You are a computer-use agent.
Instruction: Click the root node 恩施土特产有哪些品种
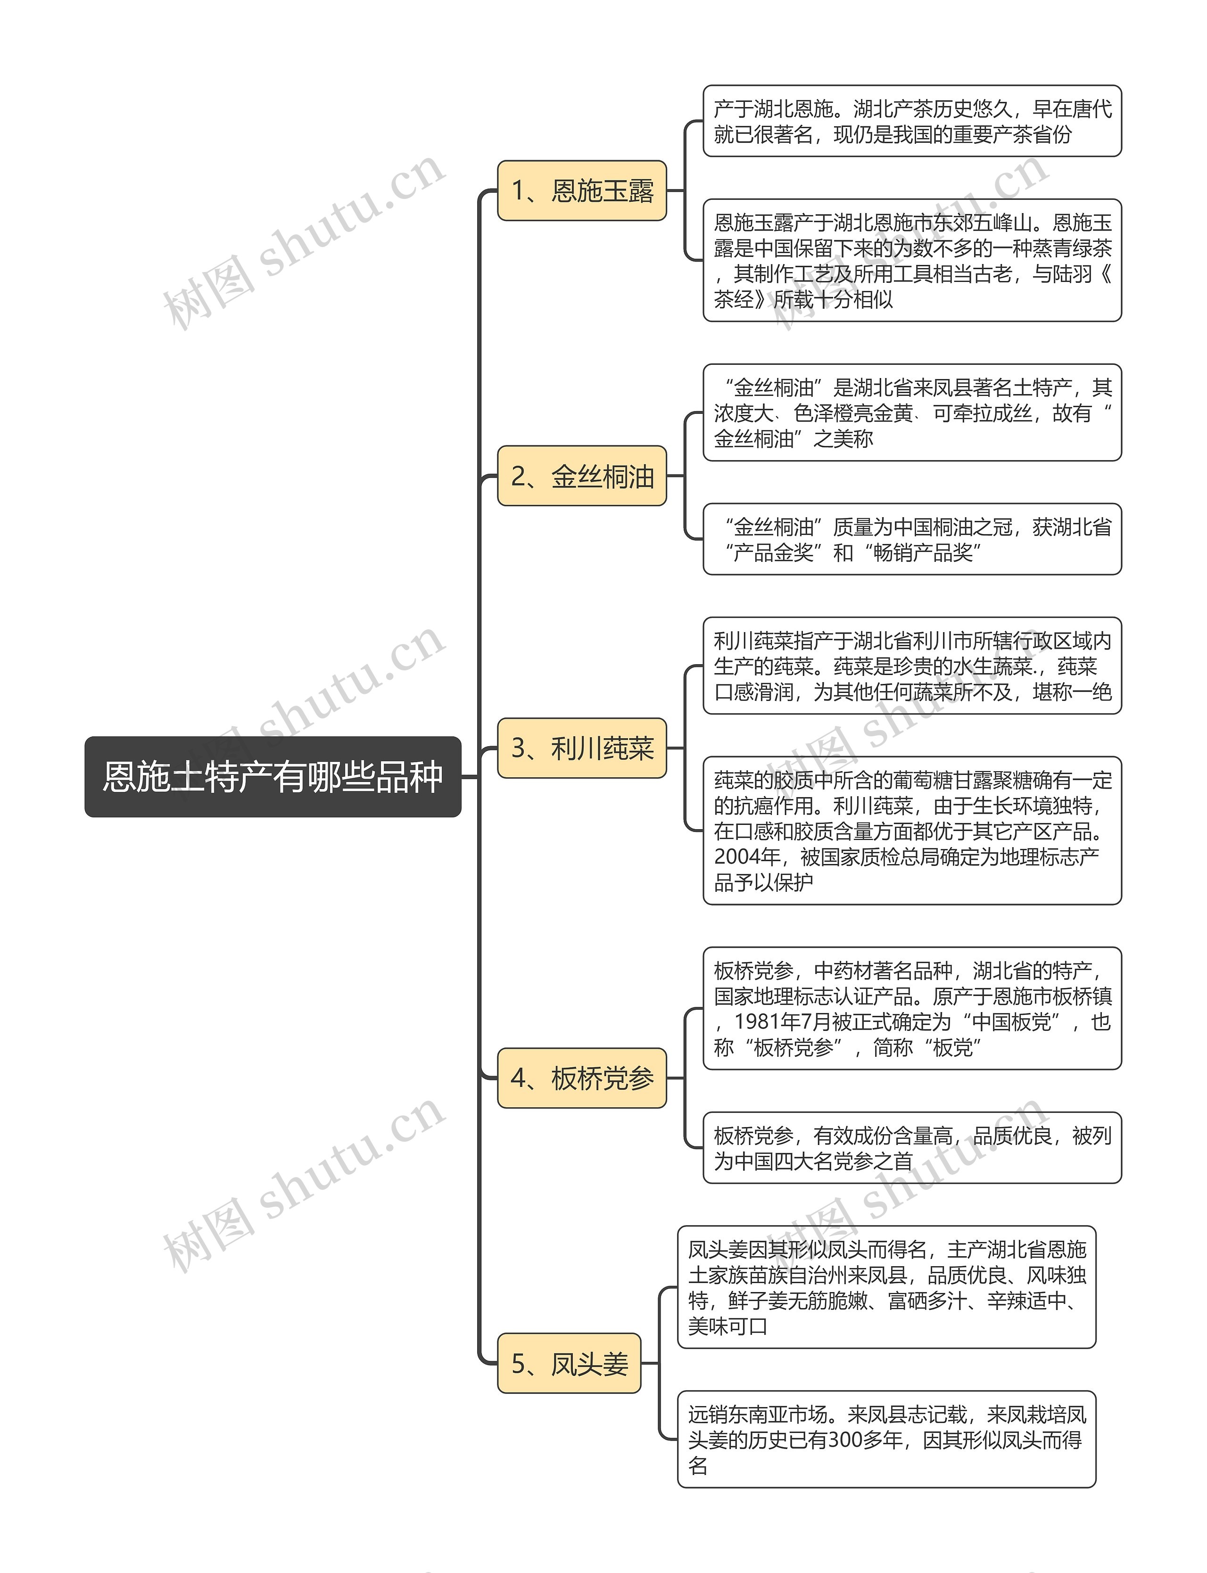point(273,776)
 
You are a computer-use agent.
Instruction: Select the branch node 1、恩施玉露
point(582,190)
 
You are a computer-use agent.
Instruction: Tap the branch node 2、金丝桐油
point(582,476)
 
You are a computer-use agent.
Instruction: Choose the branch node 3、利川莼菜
point(582,748)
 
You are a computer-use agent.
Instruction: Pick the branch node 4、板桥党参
point(582,1078)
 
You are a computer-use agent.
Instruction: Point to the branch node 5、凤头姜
point(569,1363)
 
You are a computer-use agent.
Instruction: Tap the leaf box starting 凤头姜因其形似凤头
point(886,1287)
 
